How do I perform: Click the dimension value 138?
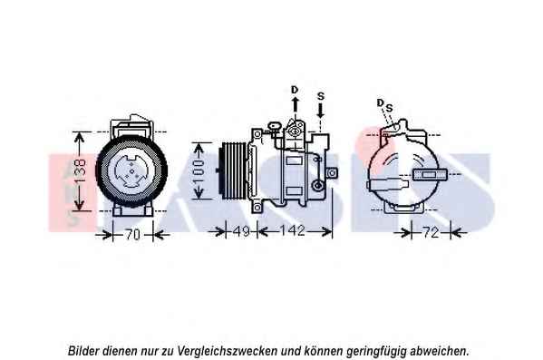[x=81, y=171]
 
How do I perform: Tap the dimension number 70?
[x=132, y=235]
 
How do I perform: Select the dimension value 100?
[x=199, y=170]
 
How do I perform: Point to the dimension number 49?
[x=241, y=231]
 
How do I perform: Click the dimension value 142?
[x=292, y=230]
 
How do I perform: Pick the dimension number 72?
[x=431, y=232]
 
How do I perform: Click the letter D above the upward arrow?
[x=295, y=90]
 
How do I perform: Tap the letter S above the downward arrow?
[x=321, y=96]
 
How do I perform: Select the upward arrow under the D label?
[x=295, y=104]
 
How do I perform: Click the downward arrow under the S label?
[x=321, y=110]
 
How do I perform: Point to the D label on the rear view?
[x=380, y=102]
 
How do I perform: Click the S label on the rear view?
[x=389, y=108]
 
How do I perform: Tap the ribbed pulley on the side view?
[x=233, y=170]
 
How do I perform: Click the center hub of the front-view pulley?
[x=131, y=171]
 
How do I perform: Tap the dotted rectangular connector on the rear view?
[x=430, y=174]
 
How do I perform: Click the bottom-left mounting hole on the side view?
[x=257, y=208]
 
